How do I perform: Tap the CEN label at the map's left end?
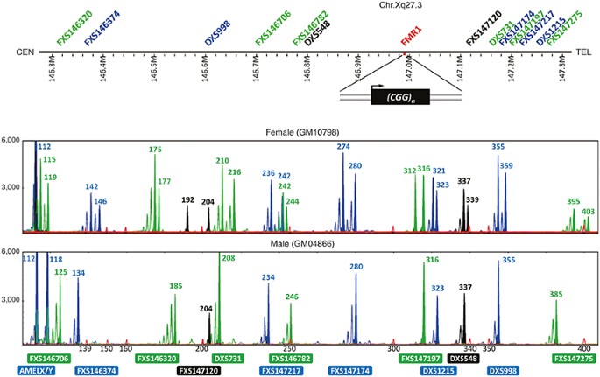25,52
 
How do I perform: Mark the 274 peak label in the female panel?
344,146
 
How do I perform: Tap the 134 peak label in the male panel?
79,273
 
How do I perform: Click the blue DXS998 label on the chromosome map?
216,32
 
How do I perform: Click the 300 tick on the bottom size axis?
393,347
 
